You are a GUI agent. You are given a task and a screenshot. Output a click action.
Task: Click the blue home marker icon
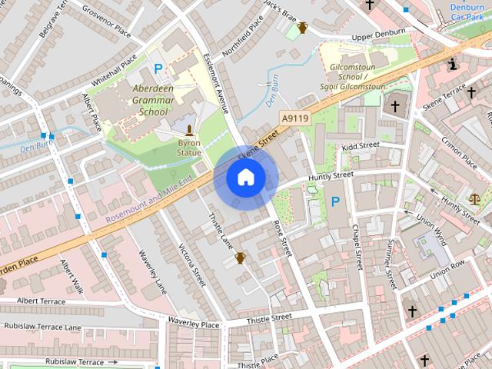click(245, 177)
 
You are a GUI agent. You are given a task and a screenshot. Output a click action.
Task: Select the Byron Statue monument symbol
click(189, 130)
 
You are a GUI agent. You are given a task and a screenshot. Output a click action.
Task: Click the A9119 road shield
click(294, 118)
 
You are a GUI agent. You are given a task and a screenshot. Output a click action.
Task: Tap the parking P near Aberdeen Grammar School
click(158, 68)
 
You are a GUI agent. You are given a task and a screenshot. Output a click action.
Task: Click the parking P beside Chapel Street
click(335, 201)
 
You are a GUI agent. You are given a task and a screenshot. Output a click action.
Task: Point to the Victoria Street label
click(191, 265)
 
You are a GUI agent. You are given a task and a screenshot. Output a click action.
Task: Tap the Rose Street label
click(282, 238)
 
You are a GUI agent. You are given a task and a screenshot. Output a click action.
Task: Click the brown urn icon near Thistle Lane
click(240, 258)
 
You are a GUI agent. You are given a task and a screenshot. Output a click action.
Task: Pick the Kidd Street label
click(361, 145)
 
